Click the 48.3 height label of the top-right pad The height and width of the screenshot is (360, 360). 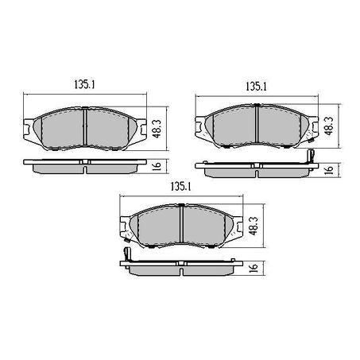(x=329, y=126)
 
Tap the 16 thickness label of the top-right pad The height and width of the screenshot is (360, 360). (x=329, y=169)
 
